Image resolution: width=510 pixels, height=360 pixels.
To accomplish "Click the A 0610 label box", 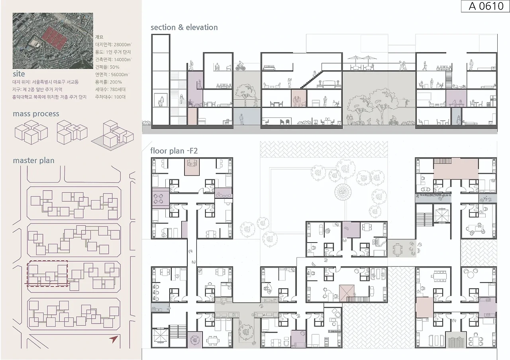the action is coord(485,6).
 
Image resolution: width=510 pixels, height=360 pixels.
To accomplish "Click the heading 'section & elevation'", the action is coord(184,27).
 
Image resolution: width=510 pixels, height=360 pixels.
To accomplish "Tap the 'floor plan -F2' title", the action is coord(174,151).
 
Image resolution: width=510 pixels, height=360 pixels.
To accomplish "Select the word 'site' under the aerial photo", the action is coord(19,74).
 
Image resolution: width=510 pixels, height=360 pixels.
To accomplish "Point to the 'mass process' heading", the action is coord(36,113).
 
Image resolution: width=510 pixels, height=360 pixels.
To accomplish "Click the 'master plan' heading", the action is coord(33,160).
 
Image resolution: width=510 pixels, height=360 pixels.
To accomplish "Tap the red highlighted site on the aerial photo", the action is coord(54,38).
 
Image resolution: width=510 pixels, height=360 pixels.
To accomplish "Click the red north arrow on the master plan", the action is coord(114,339).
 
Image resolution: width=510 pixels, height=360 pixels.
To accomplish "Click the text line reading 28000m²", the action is coord(114,45).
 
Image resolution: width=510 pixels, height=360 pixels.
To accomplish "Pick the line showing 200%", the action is coord(108,82).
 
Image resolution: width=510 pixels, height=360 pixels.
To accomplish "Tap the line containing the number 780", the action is coord(110,90).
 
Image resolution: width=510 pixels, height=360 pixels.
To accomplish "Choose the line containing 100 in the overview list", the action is coord(110,97).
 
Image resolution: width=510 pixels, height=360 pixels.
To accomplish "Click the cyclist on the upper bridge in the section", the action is coord(240,66).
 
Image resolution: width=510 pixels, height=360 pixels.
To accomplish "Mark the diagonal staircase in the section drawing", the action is coord(312,80).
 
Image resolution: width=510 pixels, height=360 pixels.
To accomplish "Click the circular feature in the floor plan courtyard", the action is coord(343,192).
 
